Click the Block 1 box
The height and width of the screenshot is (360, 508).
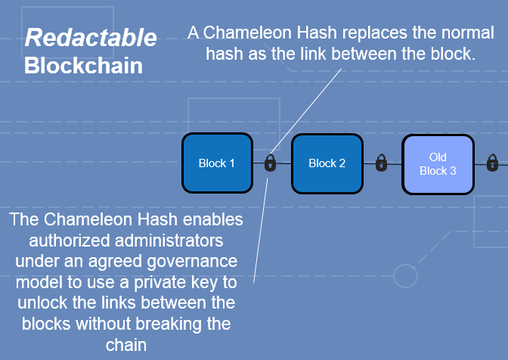click(x=217, y=163)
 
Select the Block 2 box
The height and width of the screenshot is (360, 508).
click(x=327, y=163)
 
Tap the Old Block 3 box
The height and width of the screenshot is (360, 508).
click(x=438, y=164)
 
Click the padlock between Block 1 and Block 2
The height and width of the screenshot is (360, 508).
click(x=270, y=163)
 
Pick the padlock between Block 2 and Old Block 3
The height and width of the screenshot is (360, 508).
click(x=381, y=163)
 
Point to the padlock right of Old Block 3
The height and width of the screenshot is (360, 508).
click(x=492, y=163)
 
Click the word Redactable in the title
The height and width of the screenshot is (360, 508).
click(x=91, y=37)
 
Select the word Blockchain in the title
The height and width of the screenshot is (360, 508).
click(x=84, y=66)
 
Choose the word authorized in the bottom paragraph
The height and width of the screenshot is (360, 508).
click(x=70, y=241)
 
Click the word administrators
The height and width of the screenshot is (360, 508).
click(x=169, y=241)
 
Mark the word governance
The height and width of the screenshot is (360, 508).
click(x=192, y=262)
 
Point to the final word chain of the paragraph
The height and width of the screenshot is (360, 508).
click(x=126, y=345)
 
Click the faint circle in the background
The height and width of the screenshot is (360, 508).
click(x=405, y=276)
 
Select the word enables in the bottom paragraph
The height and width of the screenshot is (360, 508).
click(x=213, y=219)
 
